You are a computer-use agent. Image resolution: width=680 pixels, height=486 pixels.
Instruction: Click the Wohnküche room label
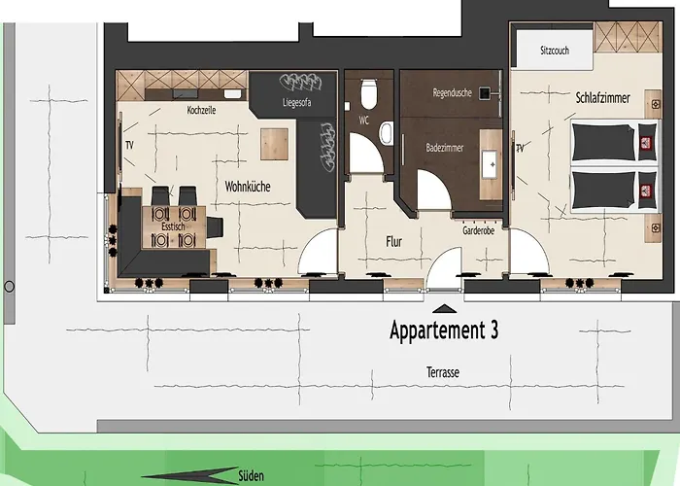(x=248, y=187)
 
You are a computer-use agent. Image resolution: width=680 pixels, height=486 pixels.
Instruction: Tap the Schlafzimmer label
(x=603, y=97)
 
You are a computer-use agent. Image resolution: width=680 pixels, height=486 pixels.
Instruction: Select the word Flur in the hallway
(x=393, y=242)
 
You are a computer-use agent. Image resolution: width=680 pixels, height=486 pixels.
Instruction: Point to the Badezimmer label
(x=445, y=148)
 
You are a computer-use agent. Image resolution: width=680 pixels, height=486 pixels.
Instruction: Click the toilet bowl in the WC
(x=369, y=93)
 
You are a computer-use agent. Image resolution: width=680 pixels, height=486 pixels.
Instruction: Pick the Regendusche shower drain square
(x=485, y=93)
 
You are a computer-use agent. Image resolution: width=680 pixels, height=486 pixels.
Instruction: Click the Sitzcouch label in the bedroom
(x=555, y=51)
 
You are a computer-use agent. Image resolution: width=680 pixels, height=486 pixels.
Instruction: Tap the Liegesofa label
(x=296, y=103)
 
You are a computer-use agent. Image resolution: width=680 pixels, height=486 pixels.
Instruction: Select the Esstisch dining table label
(x=173, y=226)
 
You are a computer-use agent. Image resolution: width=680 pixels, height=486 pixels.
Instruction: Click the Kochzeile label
(x=201, y=110)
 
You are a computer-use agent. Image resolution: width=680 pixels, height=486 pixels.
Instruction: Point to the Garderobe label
(x=478, y=230)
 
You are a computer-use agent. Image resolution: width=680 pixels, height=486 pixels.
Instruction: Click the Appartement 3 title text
(x=444, y=330)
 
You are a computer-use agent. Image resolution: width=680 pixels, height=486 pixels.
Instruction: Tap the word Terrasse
(x=443, y=372)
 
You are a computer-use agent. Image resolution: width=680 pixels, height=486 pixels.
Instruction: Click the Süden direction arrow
(x=189, y=475)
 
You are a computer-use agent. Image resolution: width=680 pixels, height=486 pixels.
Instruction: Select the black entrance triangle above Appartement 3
(x=445, y=309)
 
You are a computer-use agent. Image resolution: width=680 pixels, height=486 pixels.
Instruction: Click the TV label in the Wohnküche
(x=129, y=146)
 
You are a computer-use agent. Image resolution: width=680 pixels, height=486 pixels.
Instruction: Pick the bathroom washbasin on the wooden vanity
(x=492, y=164)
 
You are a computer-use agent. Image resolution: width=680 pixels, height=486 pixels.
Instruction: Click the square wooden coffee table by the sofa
(x=274, y=144)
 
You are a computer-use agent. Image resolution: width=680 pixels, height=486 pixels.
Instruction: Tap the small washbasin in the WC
(x=386, y=133)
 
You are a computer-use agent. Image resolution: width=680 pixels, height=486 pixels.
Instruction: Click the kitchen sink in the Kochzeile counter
(x=232, y=93)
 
